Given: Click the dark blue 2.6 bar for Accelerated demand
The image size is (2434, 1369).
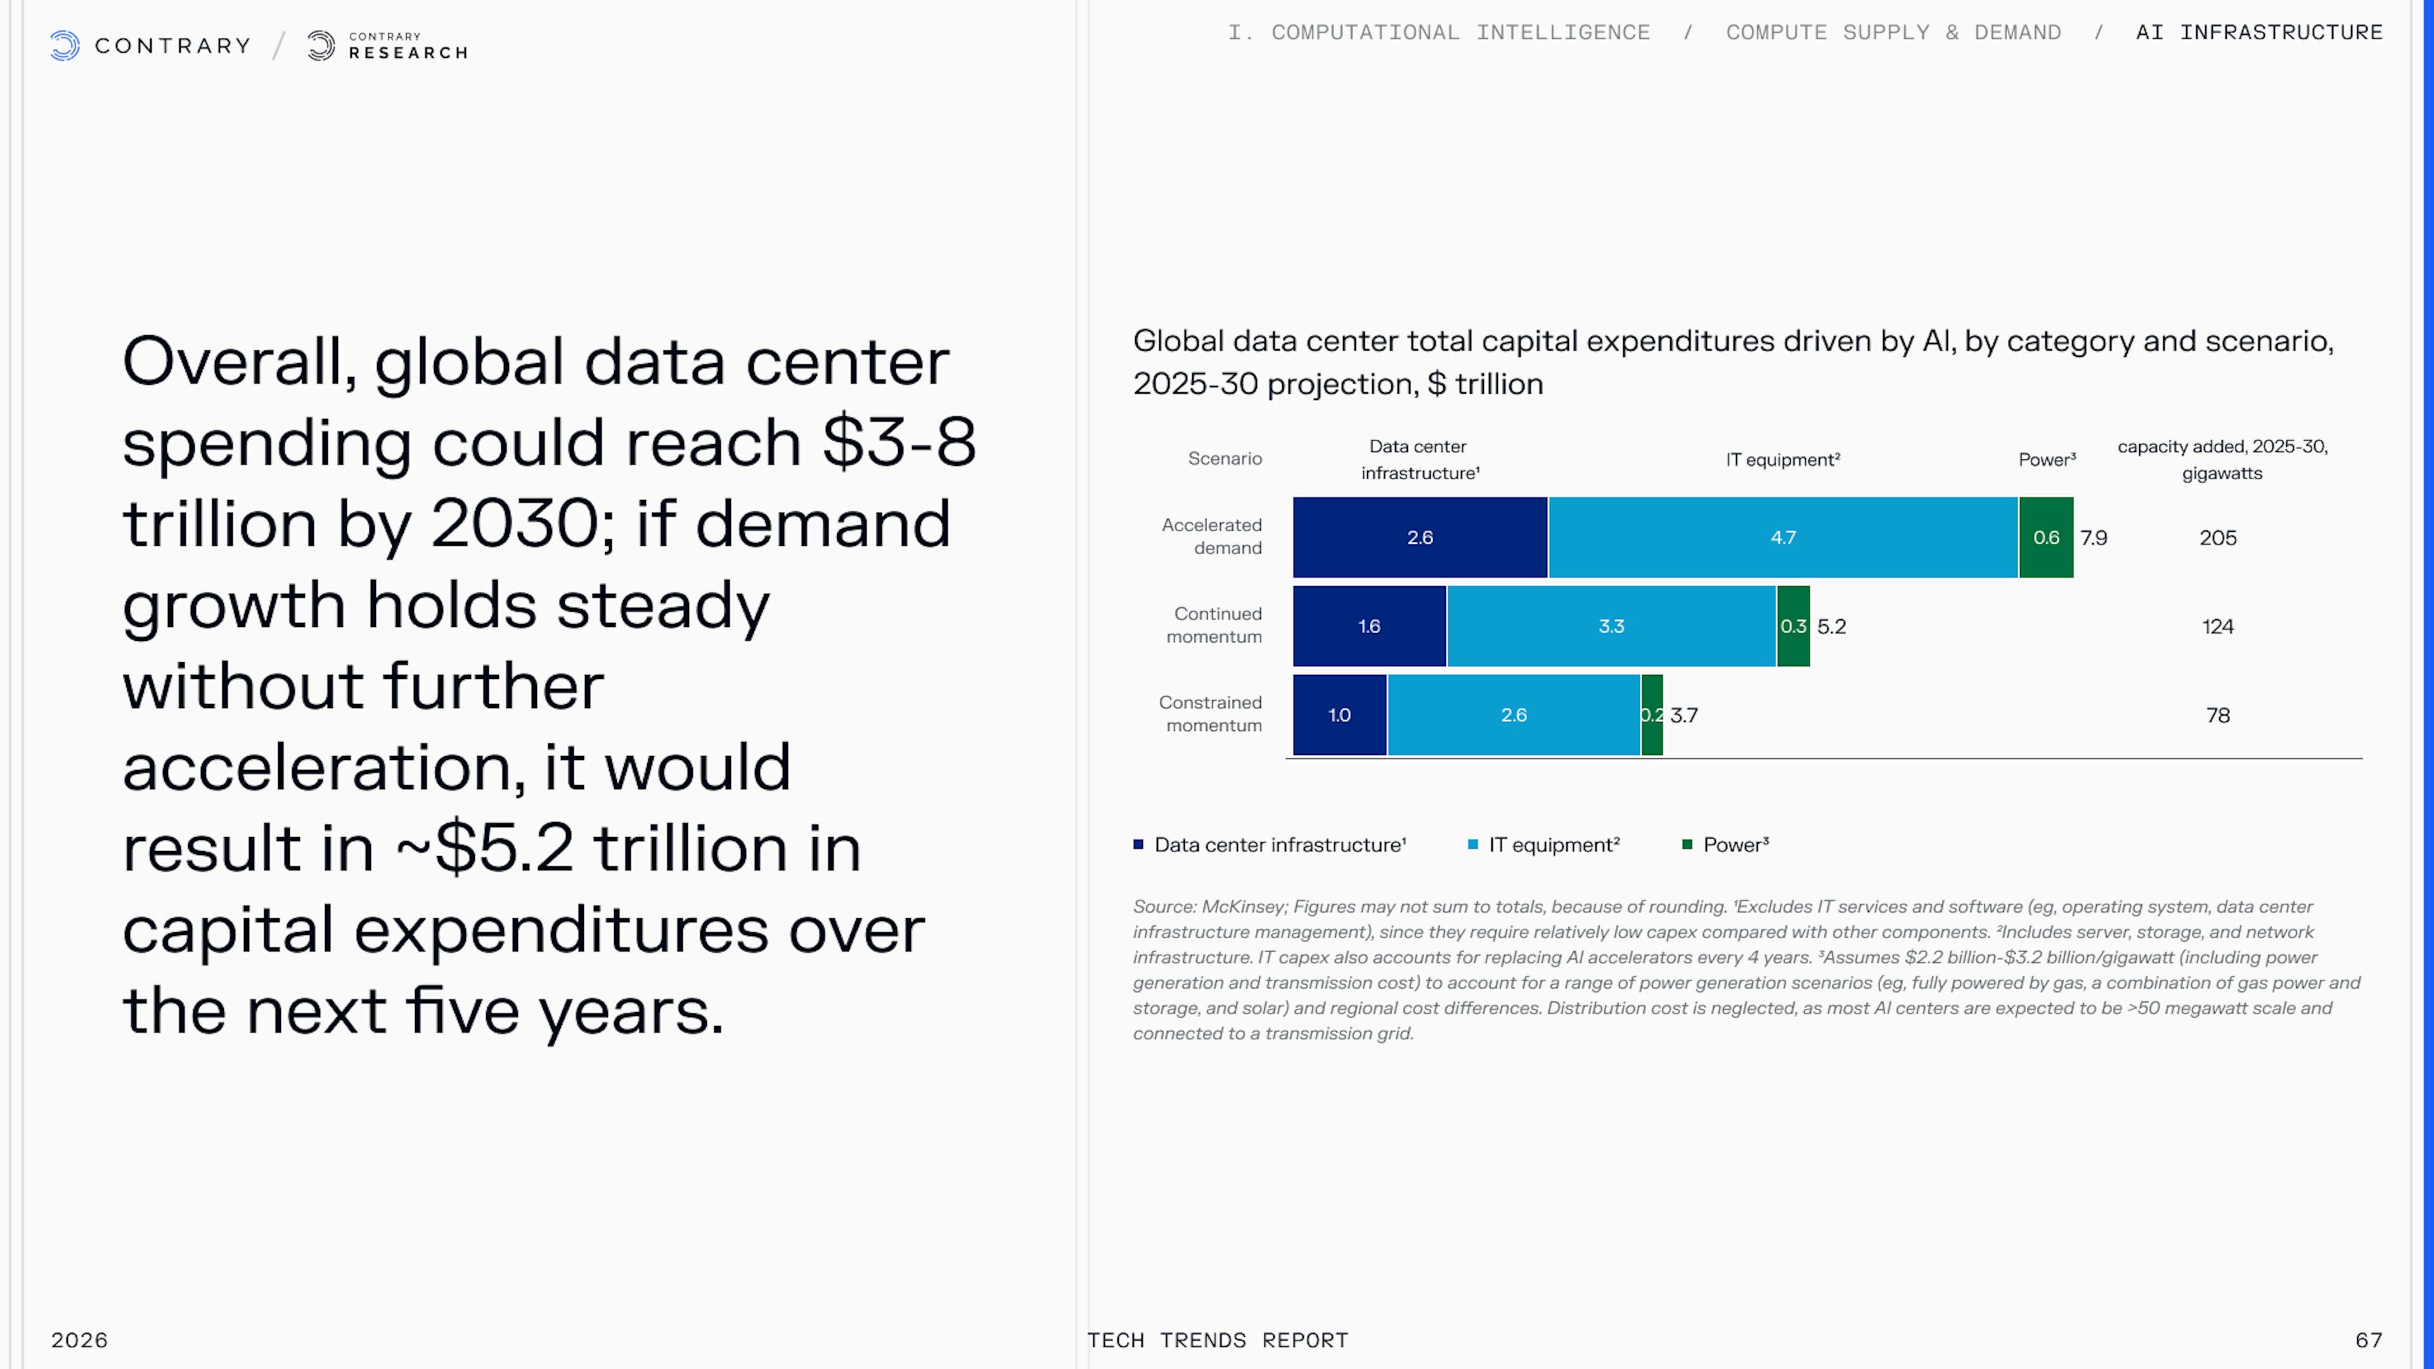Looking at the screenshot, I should click(x=1419, y=537).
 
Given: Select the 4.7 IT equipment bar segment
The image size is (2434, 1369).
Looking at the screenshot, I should click(x=1782, y=537).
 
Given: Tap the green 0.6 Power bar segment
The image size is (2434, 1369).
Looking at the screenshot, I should click(x=2045, y=537).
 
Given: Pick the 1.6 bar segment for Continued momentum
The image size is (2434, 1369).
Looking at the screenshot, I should click(x=1369, y=626).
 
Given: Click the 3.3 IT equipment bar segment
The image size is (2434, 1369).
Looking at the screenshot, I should click(x=1611, y=626).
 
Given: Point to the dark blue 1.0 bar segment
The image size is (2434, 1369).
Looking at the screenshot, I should click(x=1339, y=715).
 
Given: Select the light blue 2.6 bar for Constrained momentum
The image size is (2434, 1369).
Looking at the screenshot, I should click(x=1513, y=715).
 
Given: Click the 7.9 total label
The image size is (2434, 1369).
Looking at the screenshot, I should click(x=2094, y=537).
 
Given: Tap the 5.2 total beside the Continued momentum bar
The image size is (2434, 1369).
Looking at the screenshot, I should click(x=1831, y=626).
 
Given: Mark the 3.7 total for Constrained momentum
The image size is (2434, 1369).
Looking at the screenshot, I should click(x=1684, y=715).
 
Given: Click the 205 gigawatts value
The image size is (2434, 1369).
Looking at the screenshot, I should click(x=2218, y=537).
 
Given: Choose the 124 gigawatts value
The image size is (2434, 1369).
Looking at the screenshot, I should click(x=2218, y=626).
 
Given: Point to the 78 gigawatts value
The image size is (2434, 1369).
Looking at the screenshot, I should click(x=2218, y=715).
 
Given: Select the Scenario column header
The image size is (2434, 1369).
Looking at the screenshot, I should click(x=1225, y=458).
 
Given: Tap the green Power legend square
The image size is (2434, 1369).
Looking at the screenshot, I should click(x=1687, y=845).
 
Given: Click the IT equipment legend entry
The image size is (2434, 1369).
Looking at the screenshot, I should click(x=1554, y=845).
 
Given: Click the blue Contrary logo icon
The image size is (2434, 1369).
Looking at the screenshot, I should click(x=64, y=46).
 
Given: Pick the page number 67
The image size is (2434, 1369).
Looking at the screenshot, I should click(x=2369, y=1340).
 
